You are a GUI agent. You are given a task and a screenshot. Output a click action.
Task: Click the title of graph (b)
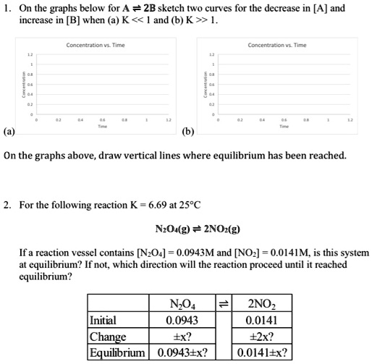[x=276, y=44]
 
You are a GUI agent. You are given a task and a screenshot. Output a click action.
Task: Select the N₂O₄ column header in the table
[x=183, y=303]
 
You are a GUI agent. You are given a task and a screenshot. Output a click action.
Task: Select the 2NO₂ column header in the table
[x=261, y=303]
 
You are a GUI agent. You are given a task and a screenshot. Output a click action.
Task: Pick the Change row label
[x=107, y=337]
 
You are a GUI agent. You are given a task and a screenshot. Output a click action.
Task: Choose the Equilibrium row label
[x=116, y=352]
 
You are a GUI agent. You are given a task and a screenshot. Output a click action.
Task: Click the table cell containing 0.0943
[x=183, y=318]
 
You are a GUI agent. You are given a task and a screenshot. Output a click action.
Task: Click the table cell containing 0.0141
[x=261, y=318]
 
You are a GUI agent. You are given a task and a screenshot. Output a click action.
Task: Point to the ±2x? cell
[x=261, y=337]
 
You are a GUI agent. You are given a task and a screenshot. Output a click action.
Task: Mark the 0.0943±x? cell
[x=183, y=352]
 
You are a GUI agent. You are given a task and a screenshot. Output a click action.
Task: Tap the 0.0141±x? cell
[x=261, y=352]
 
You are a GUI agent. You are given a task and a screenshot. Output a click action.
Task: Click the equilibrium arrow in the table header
[x=223, y=303]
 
